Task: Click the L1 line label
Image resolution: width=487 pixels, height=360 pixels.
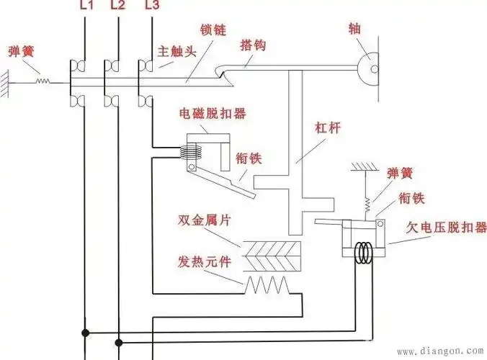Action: [85, 6]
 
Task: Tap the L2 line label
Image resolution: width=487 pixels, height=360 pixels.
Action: [118, 6]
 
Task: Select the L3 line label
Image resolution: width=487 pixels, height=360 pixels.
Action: [151, 6]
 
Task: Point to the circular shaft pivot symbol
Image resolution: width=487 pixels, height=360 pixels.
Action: [372, 68]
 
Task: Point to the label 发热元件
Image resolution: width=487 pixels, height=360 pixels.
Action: [205, 259]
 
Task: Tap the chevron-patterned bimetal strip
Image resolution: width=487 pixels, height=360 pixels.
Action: [270, 252]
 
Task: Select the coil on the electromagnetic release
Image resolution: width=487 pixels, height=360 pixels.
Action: [190, 152]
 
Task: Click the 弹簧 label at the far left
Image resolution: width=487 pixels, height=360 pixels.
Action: [20, 52]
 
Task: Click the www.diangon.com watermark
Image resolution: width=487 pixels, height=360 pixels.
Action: [439, 352]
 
